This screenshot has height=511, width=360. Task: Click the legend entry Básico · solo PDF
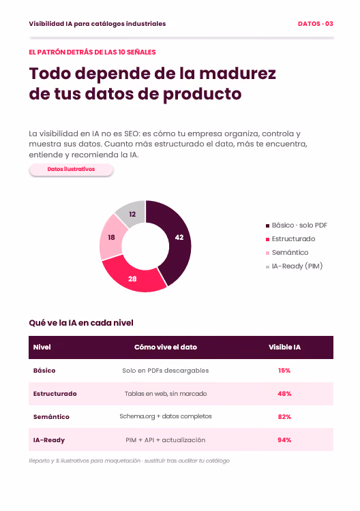297,226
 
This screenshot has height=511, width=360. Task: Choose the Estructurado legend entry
290,239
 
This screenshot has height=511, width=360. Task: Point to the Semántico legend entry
287,253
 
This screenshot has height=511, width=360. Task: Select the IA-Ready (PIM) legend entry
294,266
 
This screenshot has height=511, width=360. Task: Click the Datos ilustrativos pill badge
71,170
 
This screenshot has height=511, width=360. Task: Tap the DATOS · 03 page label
315,24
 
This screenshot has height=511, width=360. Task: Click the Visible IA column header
284,347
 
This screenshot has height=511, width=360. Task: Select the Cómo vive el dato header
166,347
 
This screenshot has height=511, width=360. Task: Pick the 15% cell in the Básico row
284,371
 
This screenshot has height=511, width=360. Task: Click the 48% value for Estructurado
284,394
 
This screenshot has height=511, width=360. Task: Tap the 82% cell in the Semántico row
284,417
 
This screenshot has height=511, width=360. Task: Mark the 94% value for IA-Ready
284,440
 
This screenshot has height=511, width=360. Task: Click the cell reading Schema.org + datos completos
166,416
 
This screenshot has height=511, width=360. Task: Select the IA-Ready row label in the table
49,440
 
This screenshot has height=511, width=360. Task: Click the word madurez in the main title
238,74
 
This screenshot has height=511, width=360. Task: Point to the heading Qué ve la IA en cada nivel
81,323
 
